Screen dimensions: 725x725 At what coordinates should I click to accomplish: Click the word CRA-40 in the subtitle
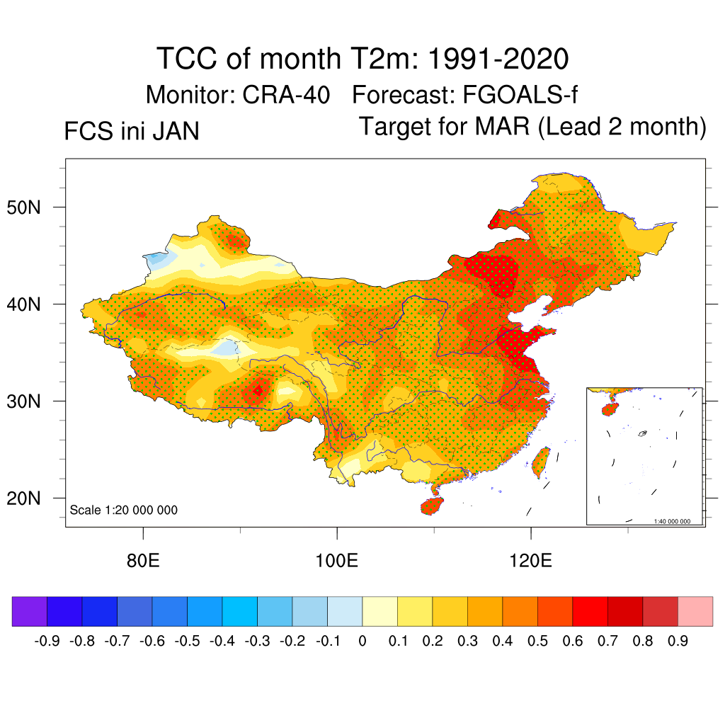[x=286, y=94]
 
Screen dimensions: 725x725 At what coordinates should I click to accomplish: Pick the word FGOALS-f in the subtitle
[x=522, y=94]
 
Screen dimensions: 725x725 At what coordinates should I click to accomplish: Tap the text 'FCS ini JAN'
[x=132, y=132]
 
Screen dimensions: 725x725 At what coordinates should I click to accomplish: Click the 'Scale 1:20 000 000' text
[x=124, y=510]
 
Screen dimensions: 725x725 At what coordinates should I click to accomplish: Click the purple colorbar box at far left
[x=29, y=611]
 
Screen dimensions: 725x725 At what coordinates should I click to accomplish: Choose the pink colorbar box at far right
[x=695, y=611]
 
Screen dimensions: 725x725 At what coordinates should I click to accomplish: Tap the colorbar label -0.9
[x=47, y=641]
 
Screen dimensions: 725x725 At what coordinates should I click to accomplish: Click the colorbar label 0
[x=362, y=641]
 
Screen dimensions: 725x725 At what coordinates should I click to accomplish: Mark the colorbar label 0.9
[x=678, y=641]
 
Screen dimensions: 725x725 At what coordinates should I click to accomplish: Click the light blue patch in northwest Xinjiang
[x=157, y=260]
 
